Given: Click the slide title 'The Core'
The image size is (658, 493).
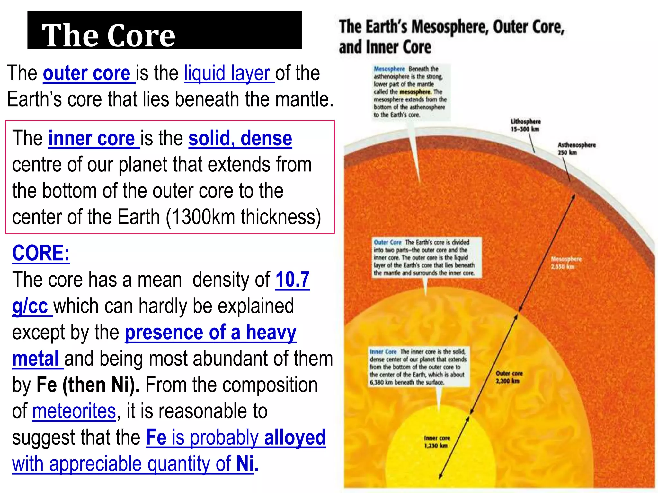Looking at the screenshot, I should [x=109, y=35].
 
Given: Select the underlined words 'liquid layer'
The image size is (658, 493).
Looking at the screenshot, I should [x=227, y=74].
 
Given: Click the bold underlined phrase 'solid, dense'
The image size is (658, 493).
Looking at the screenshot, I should [x=240, y=139].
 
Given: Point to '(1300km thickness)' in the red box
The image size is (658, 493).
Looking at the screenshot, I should [x=244, y=217].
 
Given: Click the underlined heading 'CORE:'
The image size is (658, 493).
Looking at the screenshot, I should [x=41, y=253].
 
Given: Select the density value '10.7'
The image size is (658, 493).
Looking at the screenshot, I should [x=292, y=280].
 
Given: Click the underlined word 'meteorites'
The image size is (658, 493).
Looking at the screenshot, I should [x=74, y=411].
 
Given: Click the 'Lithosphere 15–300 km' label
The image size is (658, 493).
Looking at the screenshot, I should [x=526, y=125].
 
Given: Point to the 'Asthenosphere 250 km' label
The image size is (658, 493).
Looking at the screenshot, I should [x=576, y=148].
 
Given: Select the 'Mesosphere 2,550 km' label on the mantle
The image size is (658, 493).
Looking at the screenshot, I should [x=566, y=263].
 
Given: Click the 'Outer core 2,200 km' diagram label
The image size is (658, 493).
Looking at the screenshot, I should [x=509, y=377].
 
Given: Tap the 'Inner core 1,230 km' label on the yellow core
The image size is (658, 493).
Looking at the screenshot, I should [x=437, y=442].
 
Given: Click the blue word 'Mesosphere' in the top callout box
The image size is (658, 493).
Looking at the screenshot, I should [x=389, y=69].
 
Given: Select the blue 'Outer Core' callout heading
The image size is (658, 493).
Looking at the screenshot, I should [x=387, y=242].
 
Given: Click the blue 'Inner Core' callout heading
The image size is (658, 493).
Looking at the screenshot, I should [x=383, y=352].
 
